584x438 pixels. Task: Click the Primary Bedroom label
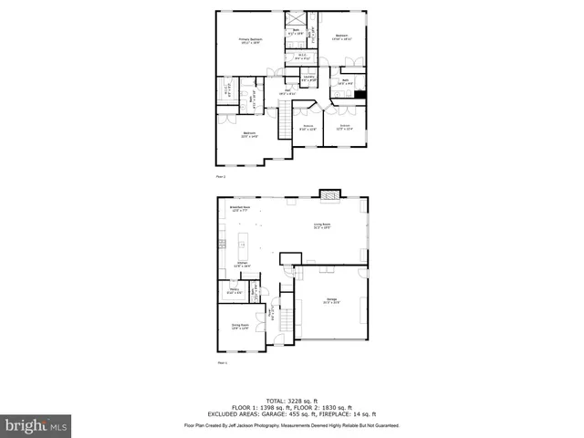pos(250,41)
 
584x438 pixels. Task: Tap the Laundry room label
pos(308,79)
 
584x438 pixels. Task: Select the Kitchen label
pos(243,265)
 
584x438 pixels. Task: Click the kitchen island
pos(244,244)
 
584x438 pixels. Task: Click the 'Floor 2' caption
pos(220,176)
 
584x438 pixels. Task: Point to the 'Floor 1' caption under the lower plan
pos(221,363)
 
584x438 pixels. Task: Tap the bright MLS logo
pos(36,425)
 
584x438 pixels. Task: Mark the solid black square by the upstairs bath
pos(361,93)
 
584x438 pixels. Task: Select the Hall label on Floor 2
pos(287,91)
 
